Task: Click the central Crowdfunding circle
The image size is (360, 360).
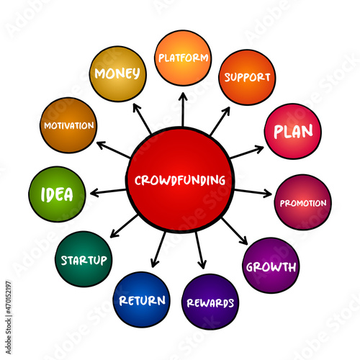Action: pyautogui.click(x=180, y=180)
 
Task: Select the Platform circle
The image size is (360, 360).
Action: pyautogui.click(x=183, y=58)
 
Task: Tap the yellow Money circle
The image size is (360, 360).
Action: pyautogui.click(x=117, y=73)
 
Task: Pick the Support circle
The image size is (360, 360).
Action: pyautogui.click(x=247, y=77)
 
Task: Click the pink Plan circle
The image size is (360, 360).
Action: pyautogui.click(x=293, y=131)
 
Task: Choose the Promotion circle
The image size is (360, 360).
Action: pyautogui.click(x=303, y=202)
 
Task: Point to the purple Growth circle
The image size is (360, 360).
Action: pyautogui.click(x=271, y=266)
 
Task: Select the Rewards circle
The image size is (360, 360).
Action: pyautogui.click(x=210, y=302)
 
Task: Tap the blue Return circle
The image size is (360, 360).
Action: pyautogui.click(x=142, y=300)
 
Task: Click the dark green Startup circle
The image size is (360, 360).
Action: pyautogui.click(x=84, y=259)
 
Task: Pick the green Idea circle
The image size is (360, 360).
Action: pyautogui.click(x=57, y=194)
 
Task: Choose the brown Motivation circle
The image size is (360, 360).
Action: pyautogui.click(x=68, y=125)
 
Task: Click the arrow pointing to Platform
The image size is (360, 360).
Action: pyautogui.click(x=183, y=109)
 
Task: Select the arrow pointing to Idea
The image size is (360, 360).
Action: pyautogui.click(x=108, y=192)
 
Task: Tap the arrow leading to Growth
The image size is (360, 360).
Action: pyautogui.click(x=234, y=231)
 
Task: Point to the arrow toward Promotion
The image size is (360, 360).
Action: pyautogui.click(x=253, y=192)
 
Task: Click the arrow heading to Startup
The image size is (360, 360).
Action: pyautogui.click(x=124, y=226)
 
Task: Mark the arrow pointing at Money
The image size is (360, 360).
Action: pyautogui.click(x=142, y=119)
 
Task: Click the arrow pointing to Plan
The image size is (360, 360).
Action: pyautogui.click(x=247, y=152)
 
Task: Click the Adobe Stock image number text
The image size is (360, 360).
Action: pyautogui.click(x=9, y=297)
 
